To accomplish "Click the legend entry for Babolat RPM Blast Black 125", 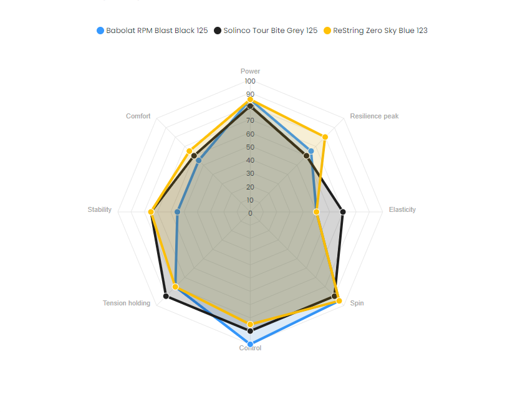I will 152,31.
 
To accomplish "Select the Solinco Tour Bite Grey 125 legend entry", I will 266,31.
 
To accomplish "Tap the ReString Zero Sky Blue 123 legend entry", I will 375,31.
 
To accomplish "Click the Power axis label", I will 250,71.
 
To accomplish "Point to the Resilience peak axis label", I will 374,117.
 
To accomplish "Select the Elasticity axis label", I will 402,209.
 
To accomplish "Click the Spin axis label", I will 357,303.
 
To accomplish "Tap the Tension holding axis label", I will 127,304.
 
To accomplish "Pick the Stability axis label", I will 100,209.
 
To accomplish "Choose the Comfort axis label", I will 138,117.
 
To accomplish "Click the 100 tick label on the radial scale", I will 250,82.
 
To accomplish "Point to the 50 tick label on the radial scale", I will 250,148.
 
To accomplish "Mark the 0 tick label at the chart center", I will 250,213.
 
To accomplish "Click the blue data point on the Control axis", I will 250,344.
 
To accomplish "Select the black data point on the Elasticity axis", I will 342,212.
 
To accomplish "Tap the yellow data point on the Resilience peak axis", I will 325,137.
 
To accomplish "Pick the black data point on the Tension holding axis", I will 166,296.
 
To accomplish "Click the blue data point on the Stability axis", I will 178,212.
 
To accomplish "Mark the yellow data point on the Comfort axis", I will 189,151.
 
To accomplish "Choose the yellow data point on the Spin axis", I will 339,301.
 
